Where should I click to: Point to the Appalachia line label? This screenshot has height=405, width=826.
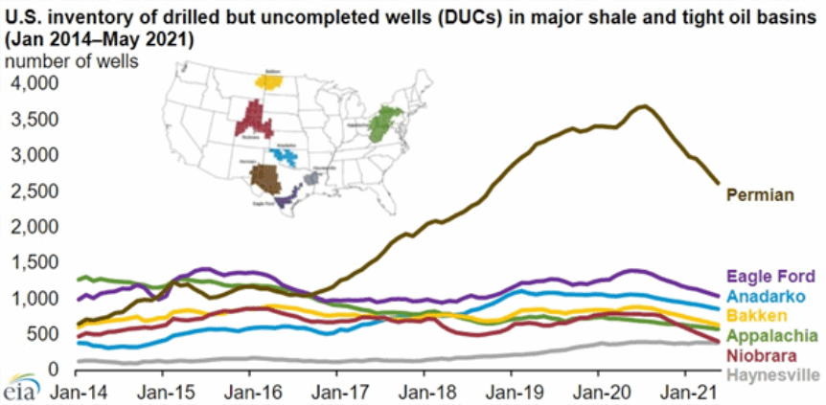[x=771, y=335]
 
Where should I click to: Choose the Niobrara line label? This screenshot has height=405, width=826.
[x=764, y=353]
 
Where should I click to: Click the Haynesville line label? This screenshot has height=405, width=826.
[x=773, y=372]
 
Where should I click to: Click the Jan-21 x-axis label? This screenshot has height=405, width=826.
[x=686, y=392]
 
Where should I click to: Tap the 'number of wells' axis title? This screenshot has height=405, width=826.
[x=72, y=61]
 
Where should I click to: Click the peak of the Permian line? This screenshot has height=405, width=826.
[x=644, y=105]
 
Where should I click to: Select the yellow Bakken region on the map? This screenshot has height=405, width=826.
[x=272, y=81]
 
